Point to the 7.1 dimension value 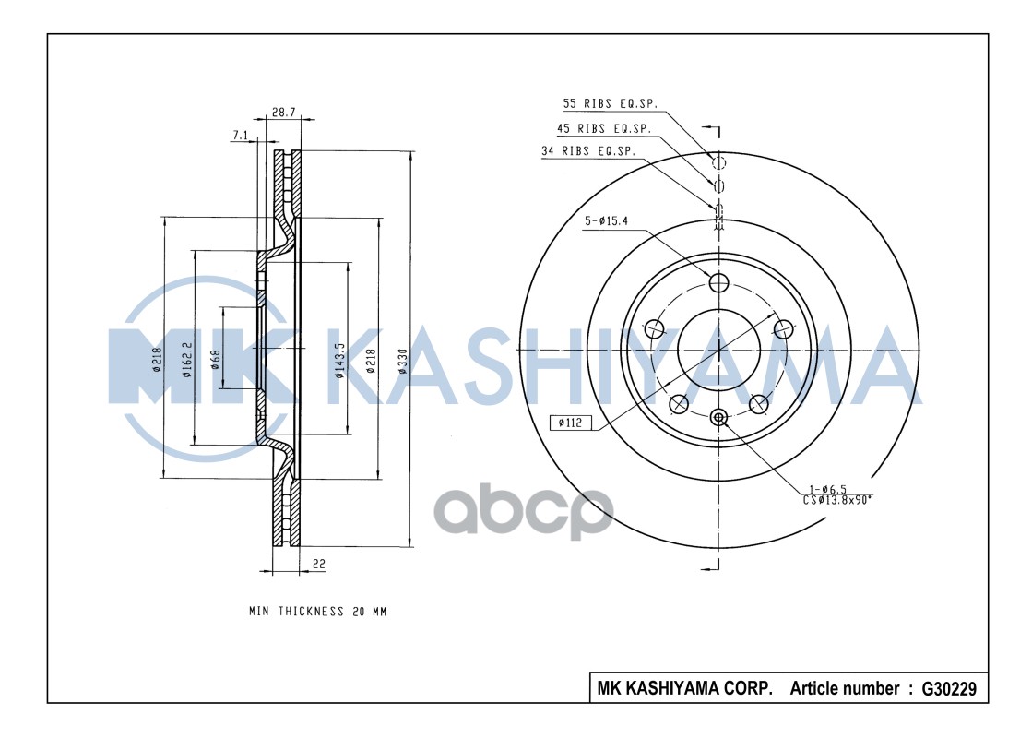(x=240, y=136)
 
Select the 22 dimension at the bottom (x=318, y=563)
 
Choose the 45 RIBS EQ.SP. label (x=604, y=129)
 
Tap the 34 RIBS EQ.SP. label (x=588, y=151)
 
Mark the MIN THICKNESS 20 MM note (x=317, y=612)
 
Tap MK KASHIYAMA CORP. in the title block (x=684, y=688)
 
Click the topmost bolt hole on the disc (x=719, y=281)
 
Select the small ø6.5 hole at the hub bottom (x=719, y=418)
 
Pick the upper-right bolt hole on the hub (x=784, y=328)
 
